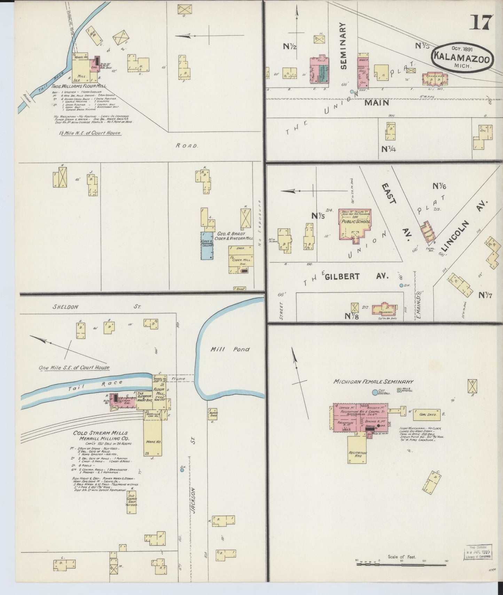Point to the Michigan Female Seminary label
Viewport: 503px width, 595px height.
click(x=373, y=382)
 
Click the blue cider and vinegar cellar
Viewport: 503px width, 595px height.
click(x=207, y=245)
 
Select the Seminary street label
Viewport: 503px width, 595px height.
click(x=343, y=46)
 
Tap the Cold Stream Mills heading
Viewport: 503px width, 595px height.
click(x=101, y=433)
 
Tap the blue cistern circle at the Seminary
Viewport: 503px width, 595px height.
click(x=375, y=392)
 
